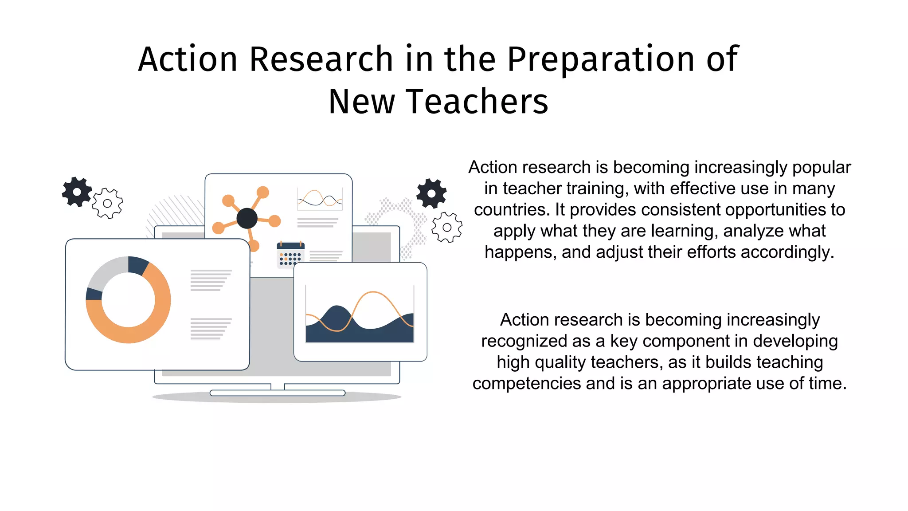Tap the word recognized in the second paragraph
pyautogui.click(x=524, y=341)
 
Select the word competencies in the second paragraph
pyautogui.click(x=526, y=383)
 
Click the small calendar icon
pyautogui.click(x=290, y=255)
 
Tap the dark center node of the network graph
pyautogui.click(x=247, y=218)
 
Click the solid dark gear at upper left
pyautogui.click(x=77, y=192)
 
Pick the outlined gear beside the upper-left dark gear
pyautogui.click(x=107, y=203)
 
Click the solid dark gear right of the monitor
pyautogui.click(x=431, y=193)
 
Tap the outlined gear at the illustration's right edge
pyautogui.click(x=447, y=227)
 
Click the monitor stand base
pyautogui.click(x=278, y=393)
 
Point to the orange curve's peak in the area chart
pyautogui.click(x=373, y=292)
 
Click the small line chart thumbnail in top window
pyautogui.click(x=320, y=198)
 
